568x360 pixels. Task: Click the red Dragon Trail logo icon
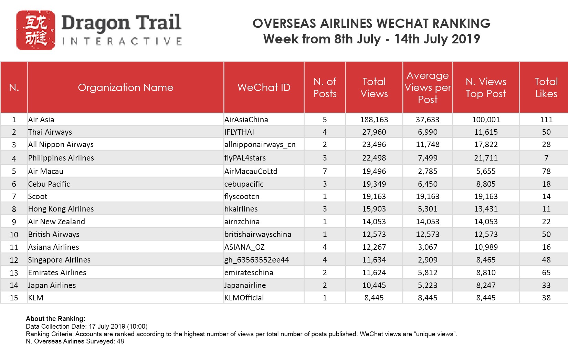[x=35, y=30]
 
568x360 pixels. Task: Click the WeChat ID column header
[x=264, y=88]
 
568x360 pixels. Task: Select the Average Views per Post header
[x=428, y=88]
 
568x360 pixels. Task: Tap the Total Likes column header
[x=546, y=88]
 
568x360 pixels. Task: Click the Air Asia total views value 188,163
[x=374, y=120]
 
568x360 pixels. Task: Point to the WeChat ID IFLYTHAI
[x=239, y=132]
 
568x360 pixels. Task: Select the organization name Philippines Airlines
[x=61, y=158]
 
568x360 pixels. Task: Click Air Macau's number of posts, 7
[x=325, y=171]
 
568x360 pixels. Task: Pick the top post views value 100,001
[x=486, y=120]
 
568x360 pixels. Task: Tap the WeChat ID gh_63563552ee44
[x=256, y=260]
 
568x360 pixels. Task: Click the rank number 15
[x=14, y=298]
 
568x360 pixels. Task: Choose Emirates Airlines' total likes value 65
[x=546, y=272]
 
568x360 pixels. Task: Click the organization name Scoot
[x=38, y=196]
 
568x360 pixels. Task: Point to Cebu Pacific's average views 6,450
[x=428, y=184]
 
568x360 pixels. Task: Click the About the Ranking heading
[x=55, y=319]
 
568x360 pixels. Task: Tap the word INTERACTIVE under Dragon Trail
[x=122, y=41]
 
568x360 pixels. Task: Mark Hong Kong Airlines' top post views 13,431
[x=486, y=209]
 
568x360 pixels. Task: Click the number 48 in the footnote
[x=120, y=341]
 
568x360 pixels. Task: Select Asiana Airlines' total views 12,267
[x=374, y=247]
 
